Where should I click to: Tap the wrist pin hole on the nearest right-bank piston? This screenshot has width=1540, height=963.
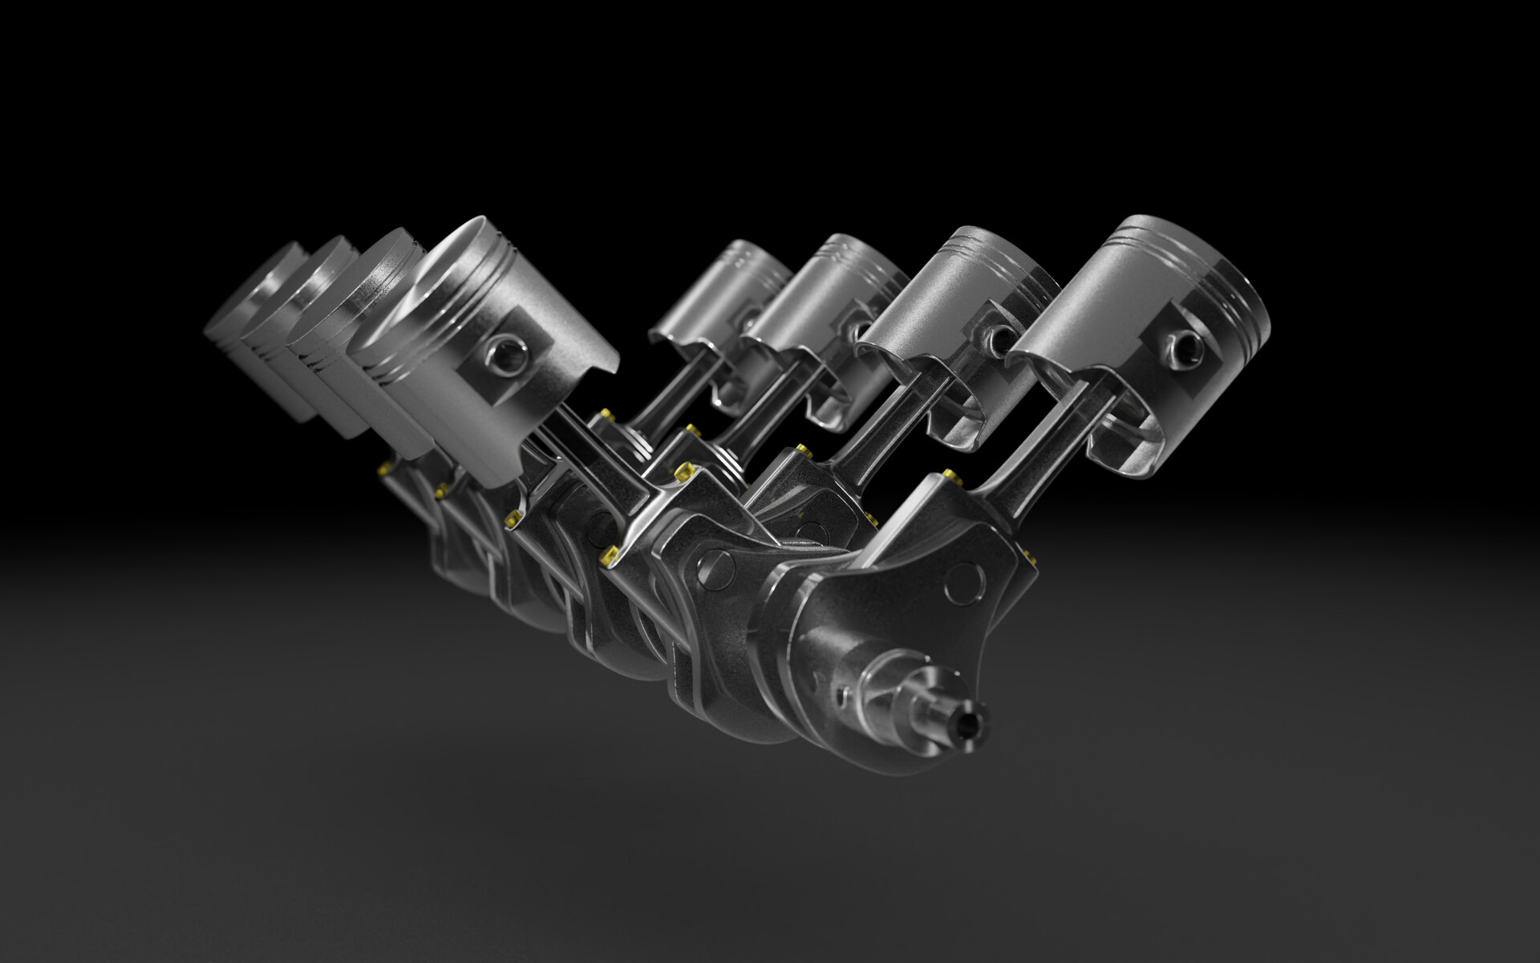(1185, 344)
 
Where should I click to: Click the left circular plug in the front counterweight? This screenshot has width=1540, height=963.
(715, 567)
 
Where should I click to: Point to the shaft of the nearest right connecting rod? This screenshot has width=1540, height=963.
(1035, 449)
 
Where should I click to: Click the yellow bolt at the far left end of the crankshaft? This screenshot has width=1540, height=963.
(386, 466)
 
